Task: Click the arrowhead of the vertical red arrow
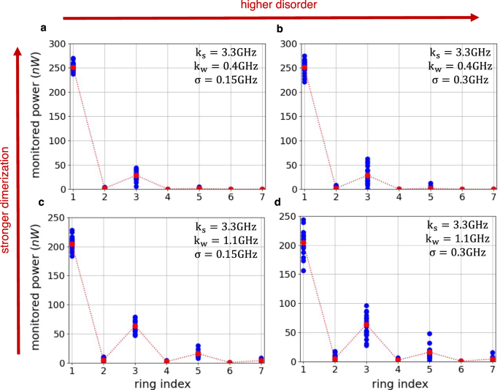(20, 52)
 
